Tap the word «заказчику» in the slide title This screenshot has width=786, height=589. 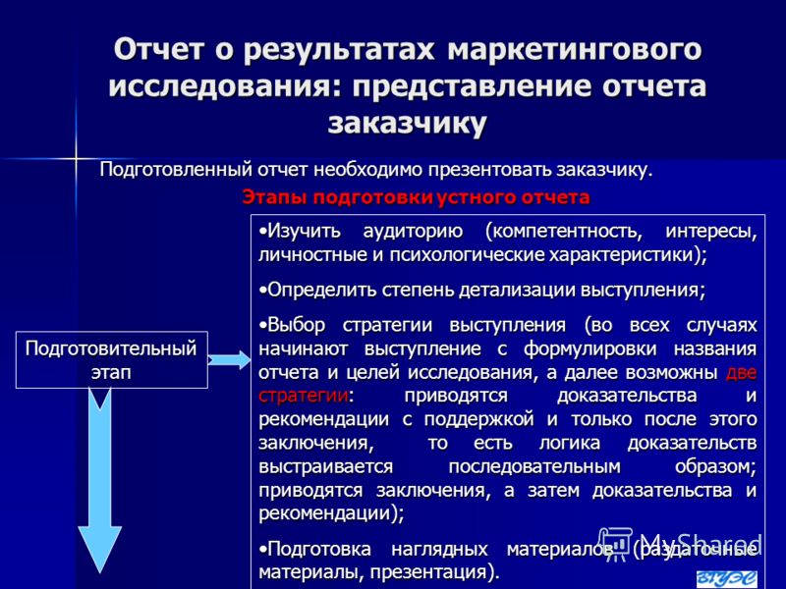(407, 124)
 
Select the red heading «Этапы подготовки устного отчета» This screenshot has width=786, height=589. (416, 197)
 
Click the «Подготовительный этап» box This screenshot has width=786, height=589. (111, 360)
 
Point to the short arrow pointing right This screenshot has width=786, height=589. (229, 359)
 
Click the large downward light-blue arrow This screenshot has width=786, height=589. (100, 481)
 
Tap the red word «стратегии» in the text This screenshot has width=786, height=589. (304, 396)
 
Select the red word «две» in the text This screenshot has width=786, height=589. (742, 373)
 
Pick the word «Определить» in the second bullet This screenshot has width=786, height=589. (322, 290)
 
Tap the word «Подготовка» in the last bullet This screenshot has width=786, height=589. (319, 550)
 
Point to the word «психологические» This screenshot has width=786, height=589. (468, 255)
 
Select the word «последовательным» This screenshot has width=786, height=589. (534, 467)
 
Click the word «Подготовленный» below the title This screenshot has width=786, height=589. (176, 170)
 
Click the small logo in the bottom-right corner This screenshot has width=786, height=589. (727, 578)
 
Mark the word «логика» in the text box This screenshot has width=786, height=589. (570, 443)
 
